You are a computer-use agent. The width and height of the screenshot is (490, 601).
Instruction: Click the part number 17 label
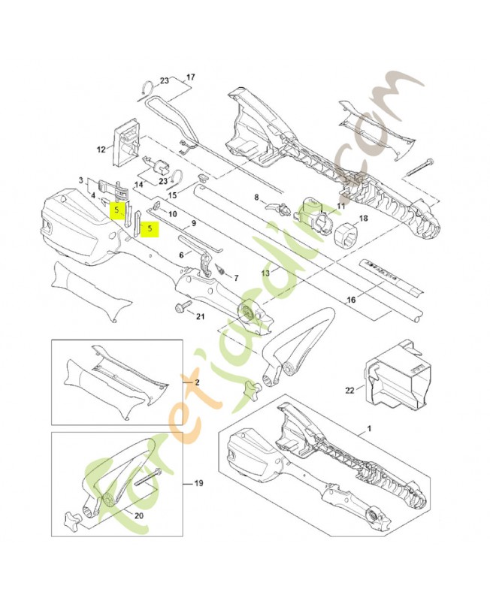tap(190, 77)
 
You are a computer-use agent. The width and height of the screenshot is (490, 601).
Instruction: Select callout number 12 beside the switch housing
tap(101, 149)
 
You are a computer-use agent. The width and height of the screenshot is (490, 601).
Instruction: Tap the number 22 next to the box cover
tap(349, 390)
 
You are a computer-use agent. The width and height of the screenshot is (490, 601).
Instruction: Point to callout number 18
tap(364, 219)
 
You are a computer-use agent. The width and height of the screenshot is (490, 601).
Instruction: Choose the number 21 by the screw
tap(200, 316)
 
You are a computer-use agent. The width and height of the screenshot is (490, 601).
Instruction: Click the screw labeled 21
tap(182, 307)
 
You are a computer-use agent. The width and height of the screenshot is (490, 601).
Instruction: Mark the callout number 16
tap(350, 300)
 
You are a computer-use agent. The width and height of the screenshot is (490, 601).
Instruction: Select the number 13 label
tap(265, 273)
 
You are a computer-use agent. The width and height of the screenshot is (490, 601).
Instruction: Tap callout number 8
tap(256, 198)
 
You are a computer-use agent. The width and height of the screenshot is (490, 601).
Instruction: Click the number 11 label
tap(340, 206)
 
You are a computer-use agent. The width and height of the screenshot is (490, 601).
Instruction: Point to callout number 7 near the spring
tap(235, 278)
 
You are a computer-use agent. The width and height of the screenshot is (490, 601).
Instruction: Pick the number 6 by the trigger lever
tap(181, 255)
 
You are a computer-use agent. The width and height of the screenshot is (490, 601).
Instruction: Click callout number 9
tap(193, 223)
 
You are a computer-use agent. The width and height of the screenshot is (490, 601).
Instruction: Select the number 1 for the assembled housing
tap(369, 427)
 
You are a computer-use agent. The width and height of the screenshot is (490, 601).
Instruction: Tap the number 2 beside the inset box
tap(198, 382)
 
